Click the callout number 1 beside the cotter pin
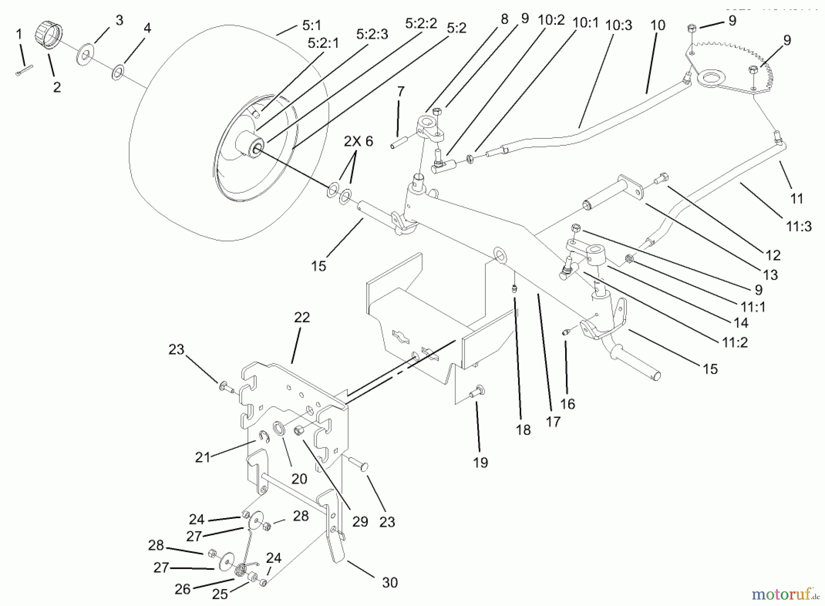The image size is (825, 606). [x=19, y=34]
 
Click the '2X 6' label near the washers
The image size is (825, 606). [x=358, y=141]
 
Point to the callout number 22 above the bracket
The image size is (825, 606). [x=302, y=318]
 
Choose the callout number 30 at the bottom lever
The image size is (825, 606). [x=390, y=583]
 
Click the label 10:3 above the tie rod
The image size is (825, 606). [x=619, y=25]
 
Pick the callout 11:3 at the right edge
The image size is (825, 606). [x=799, y=226]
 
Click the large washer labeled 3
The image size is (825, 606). [x=84, y=53]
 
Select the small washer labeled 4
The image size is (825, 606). [x=118, y=72]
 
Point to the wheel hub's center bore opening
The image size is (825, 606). [x=257, y=148]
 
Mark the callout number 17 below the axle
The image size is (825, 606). [x=553, y=422]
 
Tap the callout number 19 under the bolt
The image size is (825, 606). [x=480, y=463]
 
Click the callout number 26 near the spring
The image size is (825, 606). [x=182, y=589]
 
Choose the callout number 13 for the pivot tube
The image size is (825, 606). [x=770, y=275]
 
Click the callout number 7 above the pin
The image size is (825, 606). [x=401, y=92]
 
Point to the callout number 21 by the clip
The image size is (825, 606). [x=202, y=457]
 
